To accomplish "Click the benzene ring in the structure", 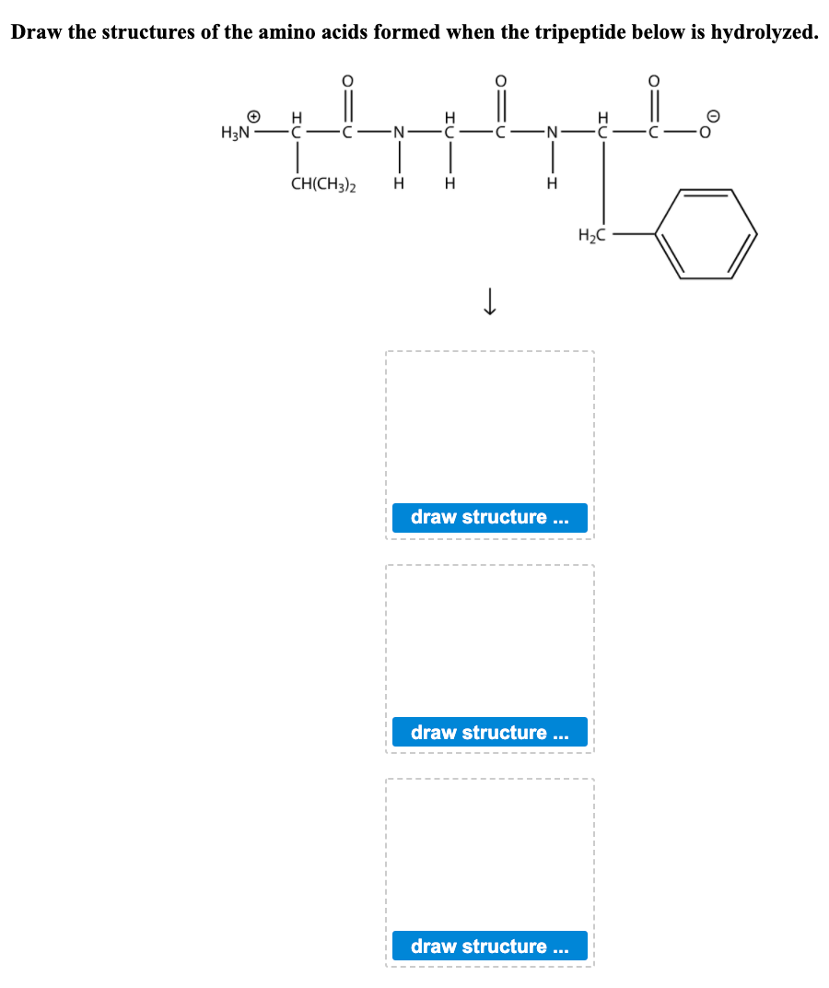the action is coord(706,234).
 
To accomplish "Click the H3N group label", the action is coord(236,133).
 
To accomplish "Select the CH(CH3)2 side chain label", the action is coord(324,183).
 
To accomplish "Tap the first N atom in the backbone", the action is coord(398,133).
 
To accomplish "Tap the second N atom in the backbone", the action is coord(552,133).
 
